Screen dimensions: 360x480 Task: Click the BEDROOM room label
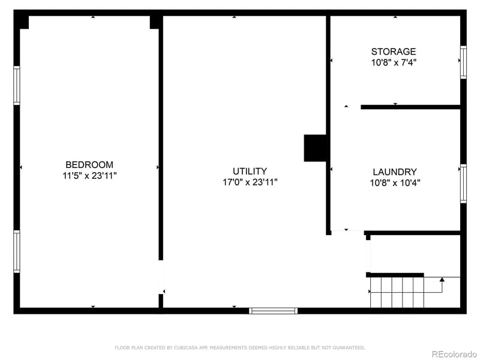[x=89, y=164]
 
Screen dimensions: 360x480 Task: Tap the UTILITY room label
[x=250, y=171]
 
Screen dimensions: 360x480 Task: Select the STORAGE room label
[x=393, y=52]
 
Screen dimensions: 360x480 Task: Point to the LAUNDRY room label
[x=394, y=172]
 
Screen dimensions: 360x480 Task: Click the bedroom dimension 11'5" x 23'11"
[x=89, y=176]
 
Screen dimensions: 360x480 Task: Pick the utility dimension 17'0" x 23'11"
[x=250, y=182]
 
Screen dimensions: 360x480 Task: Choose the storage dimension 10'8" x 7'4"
[x=393, y=62]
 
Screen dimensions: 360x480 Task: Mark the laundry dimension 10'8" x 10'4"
[x=394, y=183]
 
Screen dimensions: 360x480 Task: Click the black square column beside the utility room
[x=314, y=148]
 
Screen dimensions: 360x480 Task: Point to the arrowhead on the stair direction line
[x=442, y=279]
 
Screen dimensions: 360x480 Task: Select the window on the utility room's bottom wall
[x=273, y=310]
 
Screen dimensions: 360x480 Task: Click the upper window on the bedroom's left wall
[x=17, y=85]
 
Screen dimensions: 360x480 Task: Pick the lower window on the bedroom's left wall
[x=17, y=251]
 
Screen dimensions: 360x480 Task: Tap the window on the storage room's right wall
[x=463, y=62]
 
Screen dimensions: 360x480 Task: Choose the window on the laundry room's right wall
[x=463, y=184]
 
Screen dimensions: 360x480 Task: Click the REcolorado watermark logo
[x=454, y=353]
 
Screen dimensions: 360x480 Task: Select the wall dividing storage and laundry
[x=410, y=107]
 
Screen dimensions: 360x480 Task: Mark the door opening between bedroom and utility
[x=161, y=277]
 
